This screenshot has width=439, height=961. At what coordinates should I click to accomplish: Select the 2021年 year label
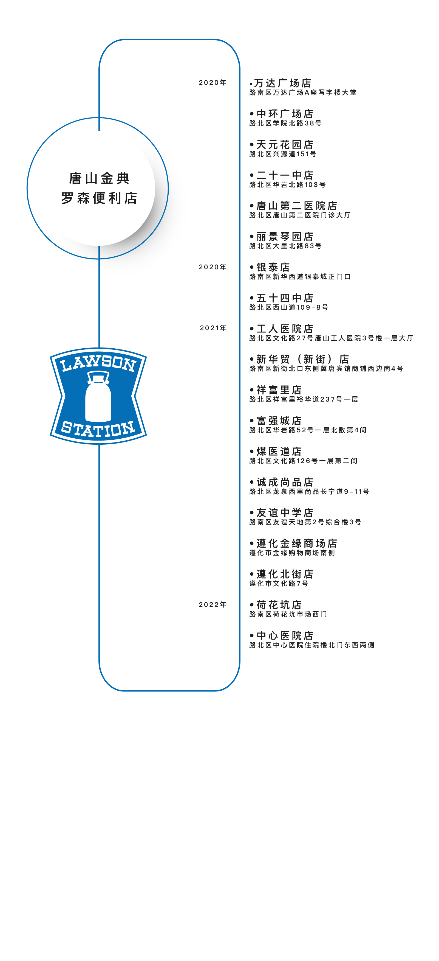point(213,328)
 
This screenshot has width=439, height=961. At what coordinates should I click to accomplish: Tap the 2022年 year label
point(213,604)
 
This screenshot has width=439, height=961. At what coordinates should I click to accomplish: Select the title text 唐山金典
point(99,178)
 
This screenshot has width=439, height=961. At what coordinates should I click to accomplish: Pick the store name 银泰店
point(273,267)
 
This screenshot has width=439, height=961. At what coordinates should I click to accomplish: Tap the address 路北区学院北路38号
point(285,123)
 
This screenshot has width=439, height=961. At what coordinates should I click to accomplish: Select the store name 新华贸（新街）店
point(303,359)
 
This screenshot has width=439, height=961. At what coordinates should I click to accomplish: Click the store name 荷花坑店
point(279,605)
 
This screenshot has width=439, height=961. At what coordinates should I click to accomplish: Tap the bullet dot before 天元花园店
point(252,144)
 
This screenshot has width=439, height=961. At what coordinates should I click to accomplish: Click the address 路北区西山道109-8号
point(289,307)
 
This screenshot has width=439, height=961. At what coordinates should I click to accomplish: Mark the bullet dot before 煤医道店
point(252,451)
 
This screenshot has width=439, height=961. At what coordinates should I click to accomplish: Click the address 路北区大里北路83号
point(285,246)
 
